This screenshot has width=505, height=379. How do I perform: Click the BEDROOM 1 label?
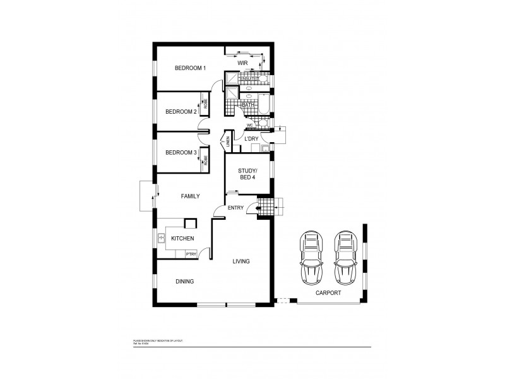click(x=190, y=68)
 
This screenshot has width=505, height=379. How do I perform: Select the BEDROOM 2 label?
click(x=181, y=112)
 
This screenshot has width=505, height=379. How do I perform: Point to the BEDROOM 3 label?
click(x=181, y=153)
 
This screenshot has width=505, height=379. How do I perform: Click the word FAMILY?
click(x=190, y=197)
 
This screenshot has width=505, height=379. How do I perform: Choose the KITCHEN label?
click(x=182, y=238)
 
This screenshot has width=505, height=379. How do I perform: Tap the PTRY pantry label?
click(x=191, y=254)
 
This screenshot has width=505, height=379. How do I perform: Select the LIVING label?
click(x=241, y=261)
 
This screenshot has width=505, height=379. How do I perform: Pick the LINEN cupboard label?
click(x=227, y=142)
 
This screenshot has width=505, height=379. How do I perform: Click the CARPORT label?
click(x=328, y=294)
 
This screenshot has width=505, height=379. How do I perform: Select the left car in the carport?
click(x=312, y=258)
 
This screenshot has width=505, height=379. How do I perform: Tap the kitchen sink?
click(x=162, y=238)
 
